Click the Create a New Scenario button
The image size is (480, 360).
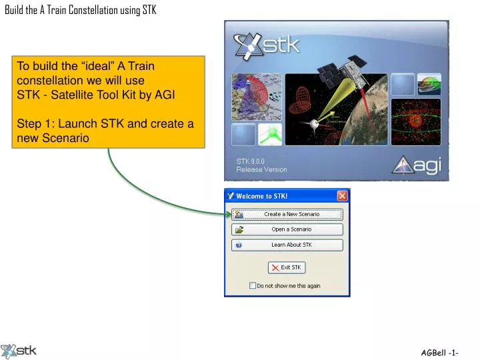[287, 214]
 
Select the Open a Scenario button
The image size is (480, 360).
[287, 229]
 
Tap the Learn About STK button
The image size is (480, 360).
[287, 245]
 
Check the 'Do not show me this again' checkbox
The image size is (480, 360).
[253, 285]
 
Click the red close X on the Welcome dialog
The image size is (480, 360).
[342, 196]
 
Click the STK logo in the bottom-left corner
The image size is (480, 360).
[19, 351]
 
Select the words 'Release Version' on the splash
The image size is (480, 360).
[261, 169]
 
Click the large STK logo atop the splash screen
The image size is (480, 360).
[267, 46]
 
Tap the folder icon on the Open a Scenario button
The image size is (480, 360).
[239, 229]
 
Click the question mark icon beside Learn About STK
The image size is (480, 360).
[239, 245]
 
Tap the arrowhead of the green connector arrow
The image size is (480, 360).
[228, 214]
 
